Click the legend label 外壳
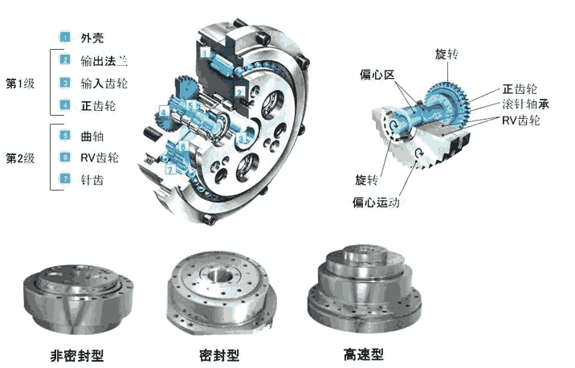(92, 38)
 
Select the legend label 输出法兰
(104, 60)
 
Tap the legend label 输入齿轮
(104, 84)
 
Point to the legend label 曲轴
(92, 136)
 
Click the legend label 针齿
(92, 180)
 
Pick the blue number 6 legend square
(65, 157)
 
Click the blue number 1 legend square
(65, 37)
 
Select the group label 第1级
(20, 84)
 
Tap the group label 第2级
(20, 158)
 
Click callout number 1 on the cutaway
(205, 53)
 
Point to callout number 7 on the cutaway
(169, 170)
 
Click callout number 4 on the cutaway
(163, 112)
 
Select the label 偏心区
(377, 75)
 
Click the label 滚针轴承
(525, 104)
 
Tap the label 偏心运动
(376, 202)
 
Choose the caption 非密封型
(77, 356)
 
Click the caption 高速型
(364, 354)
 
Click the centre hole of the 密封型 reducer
(219, 275)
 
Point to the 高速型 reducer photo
(364, 288)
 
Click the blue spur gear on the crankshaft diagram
(448, 102)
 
